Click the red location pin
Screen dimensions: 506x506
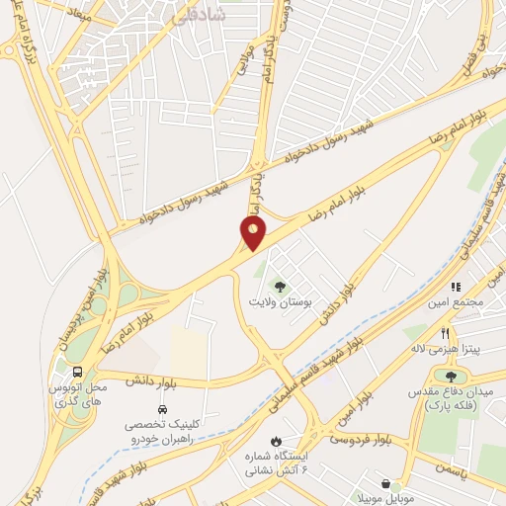(253, 232)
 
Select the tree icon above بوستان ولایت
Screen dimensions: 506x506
(280, 288)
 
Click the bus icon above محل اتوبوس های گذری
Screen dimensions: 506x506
(78, 372)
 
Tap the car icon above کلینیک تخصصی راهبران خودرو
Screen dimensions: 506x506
(160, 408)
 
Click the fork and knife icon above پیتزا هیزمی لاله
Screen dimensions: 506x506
(445, 333)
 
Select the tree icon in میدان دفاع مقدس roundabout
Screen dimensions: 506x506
(453, 376)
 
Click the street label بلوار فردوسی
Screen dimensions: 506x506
(357, 433)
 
